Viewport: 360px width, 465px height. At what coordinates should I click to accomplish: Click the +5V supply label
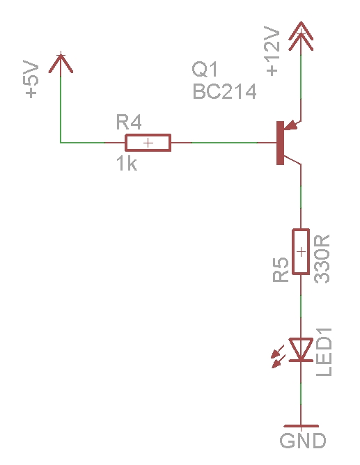tap(31, 79)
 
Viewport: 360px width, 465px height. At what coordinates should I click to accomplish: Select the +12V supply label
tap(272, 51)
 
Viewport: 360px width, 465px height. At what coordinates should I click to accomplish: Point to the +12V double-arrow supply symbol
tap(301, 36)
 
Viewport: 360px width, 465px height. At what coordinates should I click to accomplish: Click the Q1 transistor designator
tap(205, 69)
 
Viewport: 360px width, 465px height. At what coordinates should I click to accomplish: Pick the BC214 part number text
tap(224, 91)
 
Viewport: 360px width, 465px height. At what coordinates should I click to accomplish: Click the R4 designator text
tap(129, 122)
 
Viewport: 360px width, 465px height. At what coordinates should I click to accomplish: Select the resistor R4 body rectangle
tap(148, 143)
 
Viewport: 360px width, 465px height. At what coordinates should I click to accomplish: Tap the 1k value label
tap(127, 164)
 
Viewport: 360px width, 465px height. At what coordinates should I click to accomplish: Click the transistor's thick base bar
tap(280, 143)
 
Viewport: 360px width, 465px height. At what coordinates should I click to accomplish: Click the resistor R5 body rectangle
tap(301, 251)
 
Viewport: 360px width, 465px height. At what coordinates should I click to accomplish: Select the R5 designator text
tap(281, 269)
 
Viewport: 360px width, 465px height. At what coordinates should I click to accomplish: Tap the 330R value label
tap(322, 258)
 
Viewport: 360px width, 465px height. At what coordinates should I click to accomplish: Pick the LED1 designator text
tap(324, 352)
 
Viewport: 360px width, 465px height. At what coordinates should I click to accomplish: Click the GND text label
tap(303, 441)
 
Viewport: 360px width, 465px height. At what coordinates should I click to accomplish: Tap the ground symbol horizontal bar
tap(301, 426)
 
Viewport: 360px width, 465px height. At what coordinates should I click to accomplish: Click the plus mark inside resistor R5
tap(301, 252)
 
